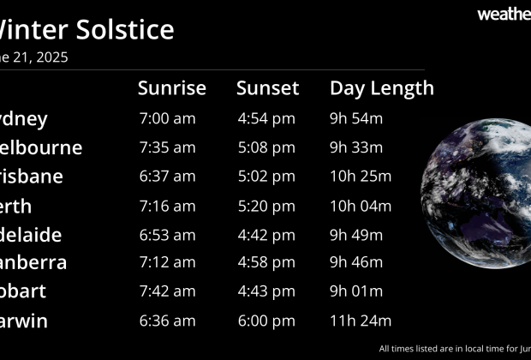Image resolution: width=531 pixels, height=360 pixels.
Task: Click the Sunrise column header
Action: [172, 88]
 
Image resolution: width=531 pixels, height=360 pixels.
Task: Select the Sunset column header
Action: [268, 88]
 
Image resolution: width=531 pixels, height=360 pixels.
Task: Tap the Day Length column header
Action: [382, 88]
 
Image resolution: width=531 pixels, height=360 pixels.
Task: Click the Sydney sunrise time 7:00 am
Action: [167, 119]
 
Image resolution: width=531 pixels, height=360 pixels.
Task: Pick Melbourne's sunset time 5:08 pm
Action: [266, 147]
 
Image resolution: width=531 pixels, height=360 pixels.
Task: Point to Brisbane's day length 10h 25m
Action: [361, 177]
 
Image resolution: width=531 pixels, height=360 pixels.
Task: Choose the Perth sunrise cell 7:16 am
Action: [167, 206]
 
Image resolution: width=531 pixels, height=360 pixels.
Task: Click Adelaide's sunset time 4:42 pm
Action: [266, 235]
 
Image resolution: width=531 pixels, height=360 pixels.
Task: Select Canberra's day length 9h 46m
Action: [356, 262]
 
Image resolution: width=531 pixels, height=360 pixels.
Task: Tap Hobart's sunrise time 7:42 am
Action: [167, 291]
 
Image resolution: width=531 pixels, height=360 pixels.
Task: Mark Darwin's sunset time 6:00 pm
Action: [266, 321]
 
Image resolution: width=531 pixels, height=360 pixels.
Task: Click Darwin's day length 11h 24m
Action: [361, 321]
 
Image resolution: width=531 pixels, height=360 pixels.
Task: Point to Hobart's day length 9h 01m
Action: [356, 291]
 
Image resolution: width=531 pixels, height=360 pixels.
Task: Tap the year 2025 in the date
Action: [51, 58]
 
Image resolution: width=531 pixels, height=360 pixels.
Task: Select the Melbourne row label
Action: [42, 147]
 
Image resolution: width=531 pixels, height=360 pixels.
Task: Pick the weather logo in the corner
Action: [504, 14]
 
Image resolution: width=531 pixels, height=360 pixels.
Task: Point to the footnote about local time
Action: [454, 349]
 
